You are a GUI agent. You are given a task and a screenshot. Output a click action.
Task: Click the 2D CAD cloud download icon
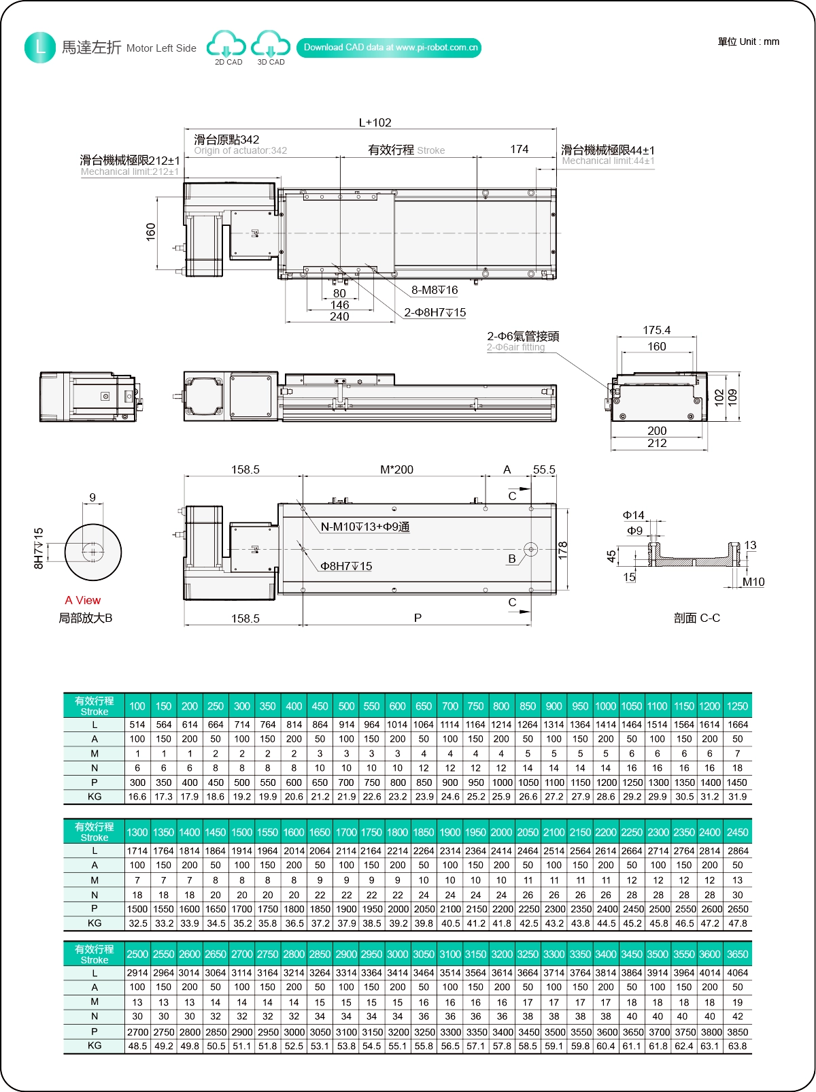coord(226,45)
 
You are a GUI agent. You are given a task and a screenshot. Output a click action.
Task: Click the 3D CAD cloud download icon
coord(270,45)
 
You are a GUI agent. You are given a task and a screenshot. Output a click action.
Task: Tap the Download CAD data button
coord(389,48)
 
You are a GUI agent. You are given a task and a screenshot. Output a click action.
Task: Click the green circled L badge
coord(40,48)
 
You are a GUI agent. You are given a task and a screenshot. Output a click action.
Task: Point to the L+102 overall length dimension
coord(375,122)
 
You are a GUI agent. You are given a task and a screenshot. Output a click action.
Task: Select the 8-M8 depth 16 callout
coord(435,291)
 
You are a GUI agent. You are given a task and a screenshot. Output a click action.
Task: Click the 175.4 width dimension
coord(656,330)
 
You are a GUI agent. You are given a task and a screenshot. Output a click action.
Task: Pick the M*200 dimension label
coord(396,469)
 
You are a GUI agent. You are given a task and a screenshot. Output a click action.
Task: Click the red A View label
coord(83,600)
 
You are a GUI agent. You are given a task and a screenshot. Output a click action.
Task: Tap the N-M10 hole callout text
coord(364,527)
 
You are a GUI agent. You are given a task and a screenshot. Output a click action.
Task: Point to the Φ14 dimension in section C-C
coord(633,515)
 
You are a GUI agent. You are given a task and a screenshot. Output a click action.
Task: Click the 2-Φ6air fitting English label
coord(515,347)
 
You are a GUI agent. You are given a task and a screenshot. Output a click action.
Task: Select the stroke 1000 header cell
coord(605,706)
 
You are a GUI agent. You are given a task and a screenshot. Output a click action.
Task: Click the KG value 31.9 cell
coord(737,797)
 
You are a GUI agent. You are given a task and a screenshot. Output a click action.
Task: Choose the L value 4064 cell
coord(737,973)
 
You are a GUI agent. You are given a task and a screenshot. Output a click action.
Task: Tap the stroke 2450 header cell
coord(737,832)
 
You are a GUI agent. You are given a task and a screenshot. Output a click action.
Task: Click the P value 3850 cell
coord(737,1031)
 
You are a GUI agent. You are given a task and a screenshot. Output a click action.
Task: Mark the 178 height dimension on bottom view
coord(562,550)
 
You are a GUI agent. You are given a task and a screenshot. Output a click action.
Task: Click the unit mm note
coord(748,42)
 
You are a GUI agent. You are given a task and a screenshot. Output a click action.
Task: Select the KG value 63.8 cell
coord(737,1046)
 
